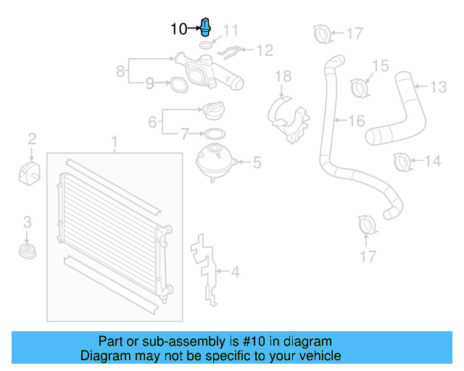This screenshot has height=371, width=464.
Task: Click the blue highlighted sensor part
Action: (206, 28)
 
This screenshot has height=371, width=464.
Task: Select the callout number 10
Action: (178, 29)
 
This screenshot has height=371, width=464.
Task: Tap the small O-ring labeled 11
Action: (206, 46)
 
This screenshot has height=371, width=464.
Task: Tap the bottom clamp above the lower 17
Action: (368, 225)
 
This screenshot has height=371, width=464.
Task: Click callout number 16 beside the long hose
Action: (356, 121)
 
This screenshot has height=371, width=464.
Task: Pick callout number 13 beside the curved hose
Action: (439, 88)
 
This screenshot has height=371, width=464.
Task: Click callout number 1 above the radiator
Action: (113, 140)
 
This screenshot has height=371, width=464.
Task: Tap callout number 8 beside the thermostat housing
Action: (120, 72)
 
